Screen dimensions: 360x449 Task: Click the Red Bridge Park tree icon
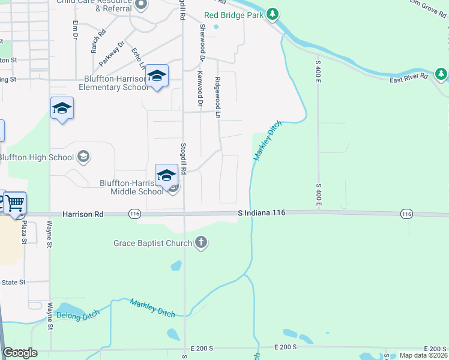click(x=272, y=14)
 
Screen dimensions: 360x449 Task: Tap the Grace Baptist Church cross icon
click(x=201, y=243)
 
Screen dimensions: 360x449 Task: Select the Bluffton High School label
click(x=36, y=158)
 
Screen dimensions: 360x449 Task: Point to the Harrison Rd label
click(x=83, y=214)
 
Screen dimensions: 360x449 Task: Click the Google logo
click(x=20, y=352)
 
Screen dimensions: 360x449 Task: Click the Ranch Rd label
click(x=95, y=41)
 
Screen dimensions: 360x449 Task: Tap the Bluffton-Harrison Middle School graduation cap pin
click(x=166, y=175)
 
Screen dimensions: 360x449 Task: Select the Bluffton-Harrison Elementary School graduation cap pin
click(x=157, y=76)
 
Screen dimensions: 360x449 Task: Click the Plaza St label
click(x=25, y=231)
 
